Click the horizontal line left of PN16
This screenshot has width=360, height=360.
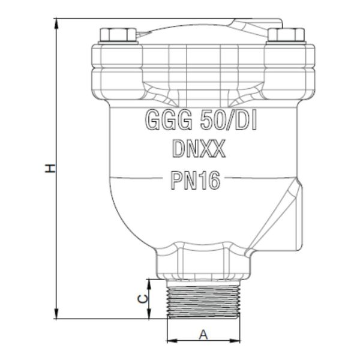[144, 178]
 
